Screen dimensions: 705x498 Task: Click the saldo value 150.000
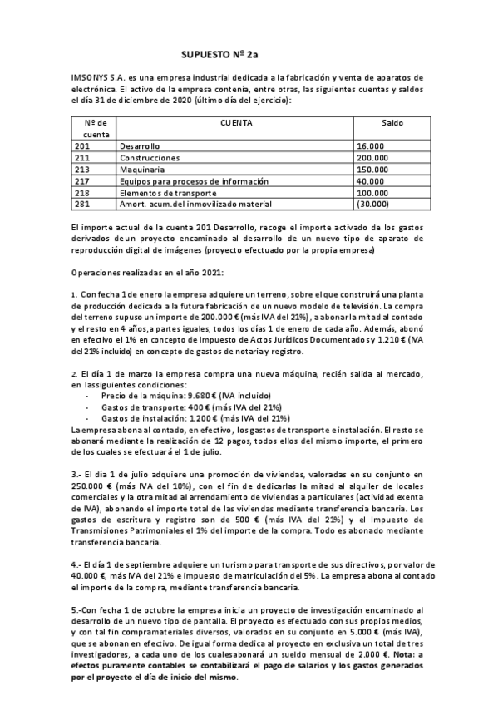(373, 169)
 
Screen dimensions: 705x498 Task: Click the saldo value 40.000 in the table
(371, 180)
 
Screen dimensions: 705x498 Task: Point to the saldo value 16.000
(371, 145)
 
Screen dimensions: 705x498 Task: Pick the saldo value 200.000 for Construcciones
(373, 157)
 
